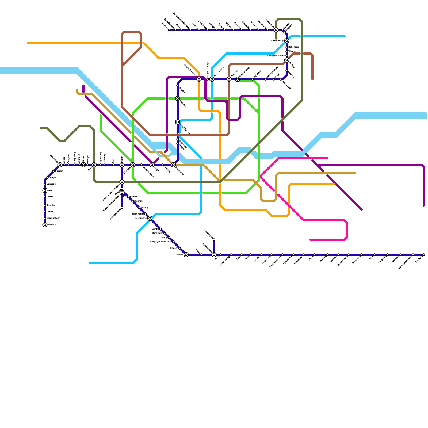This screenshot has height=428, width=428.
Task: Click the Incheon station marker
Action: (45, 225)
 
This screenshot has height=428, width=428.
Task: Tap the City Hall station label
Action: (183, 104)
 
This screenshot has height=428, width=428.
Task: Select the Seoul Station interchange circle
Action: (178, 122)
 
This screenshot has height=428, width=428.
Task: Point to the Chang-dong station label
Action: (277, 41)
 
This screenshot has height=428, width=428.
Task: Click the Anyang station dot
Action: (139, 208)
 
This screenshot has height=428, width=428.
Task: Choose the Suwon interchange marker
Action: (186, 255)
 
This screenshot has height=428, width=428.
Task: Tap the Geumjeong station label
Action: (141, 218)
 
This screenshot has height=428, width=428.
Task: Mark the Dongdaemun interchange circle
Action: (212, 79)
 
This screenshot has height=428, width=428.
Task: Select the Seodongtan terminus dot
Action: (214, 240)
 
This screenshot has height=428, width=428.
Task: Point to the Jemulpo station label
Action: (51, 205)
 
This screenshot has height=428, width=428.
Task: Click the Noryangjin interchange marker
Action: (173, 165)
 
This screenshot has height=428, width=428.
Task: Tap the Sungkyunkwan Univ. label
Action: (161, 242)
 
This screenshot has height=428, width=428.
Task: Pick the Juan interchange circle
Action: (45, 190)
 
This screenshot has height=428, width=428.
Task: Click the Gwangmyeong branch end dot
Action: (122, 208)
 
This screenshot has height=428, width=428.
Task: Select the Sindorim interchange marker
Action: (133, 165)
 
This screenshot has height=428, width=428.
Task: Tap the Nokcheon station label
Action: (293, 47)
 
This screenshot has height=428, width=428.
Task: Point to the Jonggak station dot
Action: (178, 86)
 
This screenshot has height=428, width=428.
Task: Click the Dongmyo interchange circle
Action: (229, 79)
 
